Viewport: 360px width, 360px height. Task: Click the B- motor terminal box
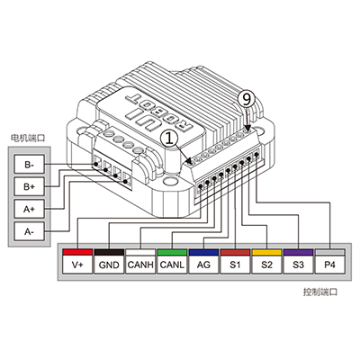coord(30,164)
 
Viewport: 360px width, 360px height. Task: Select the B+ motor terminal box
coord(30,186)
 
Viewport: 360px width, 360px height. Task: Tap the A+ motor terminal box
coord(30,209)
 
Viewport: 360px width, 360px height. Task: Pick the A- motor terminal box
coord(30,231)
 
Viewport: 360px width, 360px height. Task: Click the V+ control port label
coord(77,265)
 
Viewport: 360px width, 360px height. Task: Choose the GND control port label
coord(109,265)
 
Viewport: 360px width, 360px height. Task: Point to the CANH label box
coord(140,265)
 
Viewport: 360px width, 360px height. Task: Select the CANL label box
coord(172,265)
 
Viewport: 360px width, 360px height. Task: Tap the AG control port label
coord(203,265)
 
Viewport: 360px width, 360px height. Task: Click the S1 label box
coord(235,265)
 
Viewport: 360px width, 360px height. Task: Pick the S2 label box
coord(266,265)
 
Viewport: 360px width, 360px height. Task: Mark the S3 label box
coord(298,265)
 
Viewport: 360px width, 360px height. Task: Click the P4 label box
coord(329,265)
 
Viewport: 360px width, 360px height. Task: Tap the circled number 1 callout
coord(169,139)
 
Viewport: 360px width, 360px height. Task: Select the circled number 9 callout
coord(247,99)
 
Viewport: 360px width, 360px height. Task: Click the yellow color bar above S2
coord(266,252)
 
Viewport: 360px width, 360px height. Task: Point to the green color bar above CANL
coord(172,252)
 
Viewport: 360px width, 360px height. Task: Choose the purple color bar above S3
coord(298,252)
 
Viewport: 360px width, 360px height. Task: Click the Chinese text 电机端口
coord(27,139)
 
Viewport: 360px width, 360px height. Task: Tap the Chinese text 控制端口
coord(320,292)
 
